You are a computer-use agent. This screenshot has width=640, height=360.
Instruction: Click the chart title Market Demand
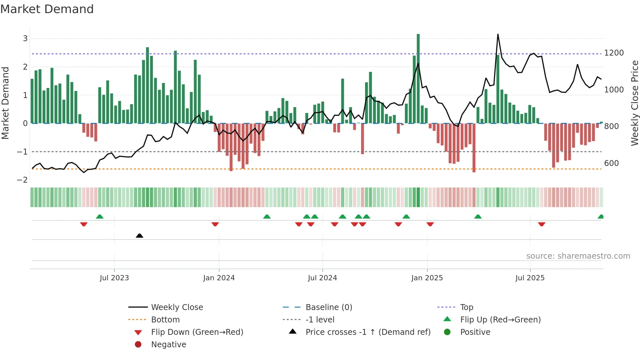(47, 9)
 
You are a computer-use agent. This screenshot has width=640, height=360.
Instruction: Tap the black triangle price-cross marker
(139, 236)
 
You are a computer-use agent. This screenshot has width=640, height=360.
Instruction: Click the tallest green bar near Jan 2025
(418, 78)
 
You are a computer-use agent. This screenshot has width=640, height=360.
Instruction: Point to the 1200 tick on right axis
(614, 53)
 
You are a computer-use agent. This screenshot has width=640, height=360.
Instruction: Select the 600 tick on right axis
(611, 163)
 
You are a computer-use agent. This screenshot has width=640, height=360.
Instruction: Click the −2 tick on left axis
(22, 180)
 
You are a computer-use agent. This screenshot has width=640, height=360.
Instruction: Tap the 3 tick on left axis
(25, 39)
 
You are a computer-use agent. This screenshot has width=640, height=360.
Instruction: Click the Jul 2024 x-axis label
(322, 278)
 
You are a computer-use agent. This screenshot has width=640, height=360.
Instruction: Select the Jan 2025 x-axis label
(427, 278)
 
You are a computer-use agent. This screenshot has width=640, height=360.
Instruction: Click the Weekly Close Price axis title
(634, 103)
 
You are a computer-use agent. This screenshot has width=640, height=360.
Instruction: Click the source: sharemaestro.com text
(578, 256)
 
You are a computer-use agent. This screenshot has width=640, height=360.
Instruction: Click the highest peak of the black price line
(498, 34)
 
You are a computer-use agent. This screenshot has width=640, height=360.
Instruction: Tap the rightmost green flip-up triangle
(600, 217)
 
